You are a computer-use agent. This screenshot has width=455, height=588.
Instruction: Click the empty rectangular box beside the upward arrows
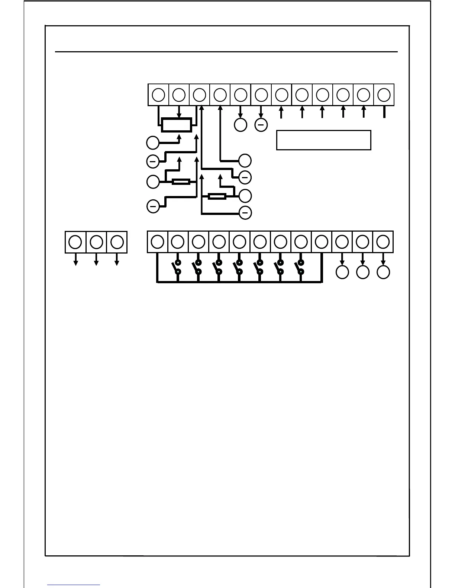(323, 140)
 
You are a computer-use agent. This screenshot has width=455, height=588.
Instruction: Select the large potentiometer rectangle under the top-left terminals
(177, 125)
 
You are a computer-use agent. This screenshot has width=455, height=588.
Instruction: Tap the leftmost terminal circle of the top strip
(159, 95)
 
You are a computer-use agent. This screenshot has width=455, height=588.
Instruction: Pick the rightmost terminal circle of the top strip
(384, 95)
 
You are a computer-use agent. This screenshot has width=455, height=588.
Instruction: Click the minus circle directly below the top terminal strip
(261, 125)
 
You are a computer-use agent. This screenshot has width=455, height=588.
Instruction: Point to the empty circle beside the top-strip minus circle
(241, 125)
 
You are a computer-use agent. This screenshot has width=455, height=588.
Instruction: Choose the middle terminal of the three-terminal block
(96, 242)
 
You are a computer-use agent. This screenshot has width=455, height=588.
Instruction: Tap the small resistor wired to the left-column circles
(181, 182)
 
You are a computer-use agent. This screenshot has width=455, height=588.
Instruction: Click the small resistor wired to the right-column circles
(217, 196)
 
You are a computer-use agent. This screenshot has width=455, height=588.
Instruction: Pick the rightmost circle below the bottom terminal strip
(383, 272)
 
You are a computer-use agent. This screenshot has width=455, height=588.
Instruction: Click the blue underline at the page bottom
(74, 585)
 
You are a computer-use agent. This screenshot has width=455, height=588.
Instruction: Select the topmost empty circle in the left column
(152, 143)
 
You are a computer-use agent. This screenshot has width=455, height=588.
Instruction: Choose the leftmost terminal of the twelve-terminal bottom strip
(158, 242)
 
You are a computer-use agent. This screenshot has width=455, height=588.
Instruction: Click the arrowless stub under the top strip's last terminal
(384, 112)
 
